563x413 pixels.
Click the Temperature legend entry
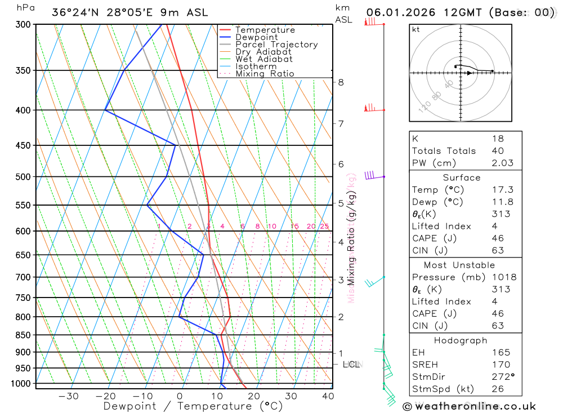coord(265,30)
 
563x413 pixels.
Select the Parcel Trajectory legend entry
coord(276,45)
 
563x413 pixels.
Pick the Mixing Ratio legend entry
coord(265,74)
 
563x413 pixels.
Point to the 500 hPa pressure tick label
coord(24,177)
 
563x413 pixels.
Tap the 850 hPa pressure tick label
coord(24,335)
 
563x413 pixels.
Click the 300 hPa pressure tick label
coord(24,25)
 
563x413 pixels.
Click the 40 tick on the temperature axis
coord(328,396)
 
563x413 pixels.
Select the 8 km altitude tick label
coord(341,82)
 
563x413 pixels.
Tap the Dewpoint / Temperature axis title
coord(193,406)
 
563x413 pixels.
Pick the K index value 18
coord(498,139)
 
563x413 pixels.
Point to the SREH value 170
coord(501,365)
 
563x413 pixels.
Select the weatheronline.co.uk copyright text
coord(470,406)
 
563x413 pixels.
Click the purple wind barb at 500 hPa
coord(370,175)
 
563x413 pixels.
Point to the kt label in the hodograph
coord(415,29)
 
